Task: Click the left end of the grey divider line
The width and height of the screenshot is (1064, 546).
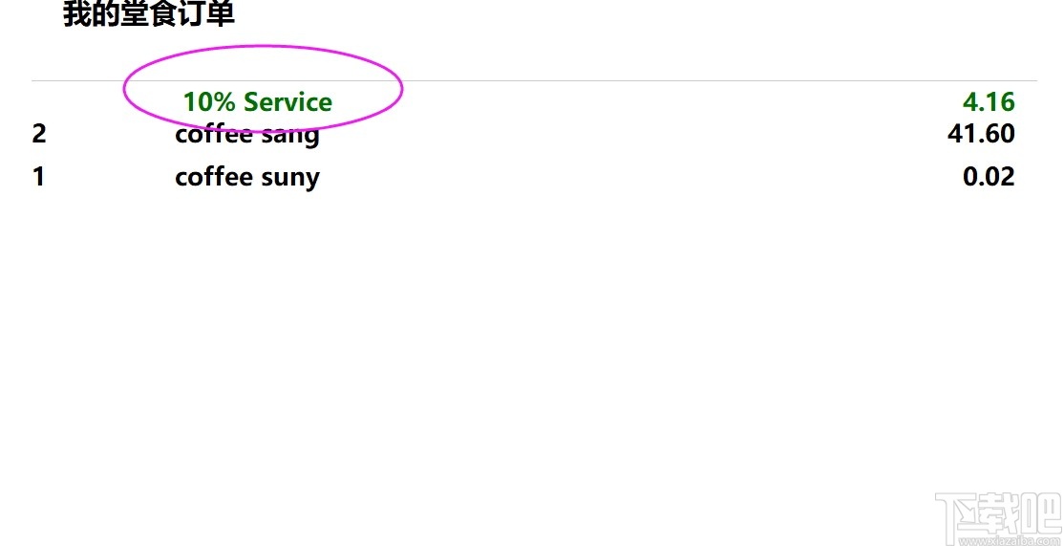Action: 32,81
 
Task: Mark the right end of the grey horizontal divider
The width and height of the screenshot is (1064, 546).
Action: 1037,81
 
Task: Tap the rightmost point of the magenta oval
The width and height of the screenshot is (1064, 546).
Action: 404,87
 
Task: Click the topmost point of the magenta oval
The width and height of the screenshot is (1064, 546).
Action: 261,46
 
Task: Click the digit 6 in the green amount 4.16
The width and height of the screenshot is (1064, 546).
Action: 1007,102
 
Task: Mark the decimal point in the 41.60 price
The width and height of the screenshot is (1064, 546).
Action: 981,142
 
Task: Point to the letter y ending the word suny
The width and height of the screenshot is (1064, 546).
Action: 311,180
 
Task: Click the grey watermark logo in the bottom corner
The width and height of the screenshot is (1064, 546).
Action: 997,519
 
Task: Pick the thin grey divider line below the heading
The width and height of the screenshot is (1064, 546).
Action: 535,81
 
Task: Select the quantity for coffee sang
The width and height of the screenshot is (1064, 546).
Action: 38,134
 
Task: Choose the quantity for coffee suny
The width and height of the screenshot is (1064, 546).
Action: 38,177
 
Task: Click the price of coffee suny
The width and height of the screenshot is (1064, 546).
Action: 989,177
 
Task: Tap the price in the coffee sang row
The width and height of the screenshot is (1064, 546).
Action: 981,134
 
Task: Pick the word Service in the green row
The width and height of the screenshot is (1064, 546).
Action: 287,102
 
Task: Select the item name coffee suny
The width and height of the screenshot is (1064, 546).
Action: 247,178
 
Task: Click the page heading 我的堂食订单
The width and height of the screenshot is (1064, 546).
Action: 149,14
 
